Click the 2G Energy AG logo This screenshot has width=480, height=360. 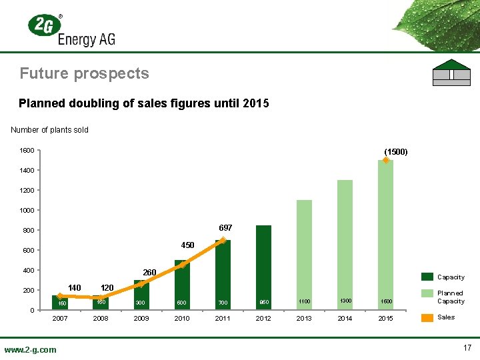[71, 30]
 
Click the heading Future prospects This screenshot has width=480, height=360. [84, 73]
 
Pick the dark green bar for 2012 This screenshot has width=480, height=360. [263, 267]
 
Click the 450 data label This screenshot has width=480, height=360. [188, 245]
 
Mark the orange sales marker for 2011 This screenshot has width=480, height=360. [223, 240]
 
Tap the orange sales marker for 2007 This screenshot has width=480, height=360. [59, 296]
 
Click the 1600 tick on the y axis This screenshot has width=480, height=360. [27, 151]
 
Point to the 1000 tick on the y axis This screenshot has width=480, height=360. [27, 211]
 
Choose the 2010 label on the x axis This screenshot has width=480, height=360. [182, 319]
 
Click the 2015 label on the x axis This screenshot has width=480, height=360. [385, 319]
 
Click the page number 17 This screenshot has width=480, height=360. [467, 347]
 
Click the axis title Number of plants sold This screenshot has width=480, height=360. [50, 129]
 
